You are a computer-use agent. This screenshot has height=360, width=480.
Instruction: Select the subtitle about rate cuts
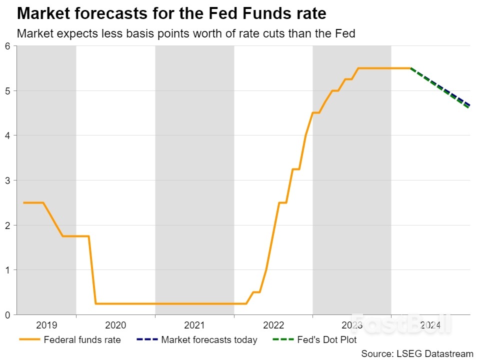[186, 34]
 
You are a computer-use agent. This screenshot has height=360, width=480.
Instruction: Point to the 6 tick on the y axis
[7, 46]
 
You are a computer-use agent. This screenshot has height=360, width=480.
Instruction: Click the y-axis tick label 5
[7, 91]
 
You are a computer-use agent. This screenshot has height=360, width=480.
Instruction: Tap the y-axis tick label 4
[7, 135]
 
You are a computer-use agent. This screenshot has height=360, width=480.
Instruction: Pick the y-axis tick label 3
[7, 180]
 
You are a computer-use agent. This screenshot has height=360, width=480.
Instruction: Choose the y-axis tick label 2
[7, 225]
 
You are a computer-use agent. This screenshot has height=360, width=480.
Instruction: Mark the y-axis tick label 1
[7, 270]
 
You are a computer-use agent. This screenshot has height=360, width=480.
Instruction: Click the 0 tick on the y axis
[7, 314]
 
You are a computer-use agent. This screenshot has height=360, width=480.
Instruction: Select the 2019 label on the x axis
[46, 325]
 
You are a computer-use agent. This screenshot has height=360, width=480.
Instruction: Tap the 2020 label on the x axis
[115, 325]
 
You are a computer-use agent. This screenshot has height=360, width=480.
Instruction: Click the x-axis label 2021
[194, 325]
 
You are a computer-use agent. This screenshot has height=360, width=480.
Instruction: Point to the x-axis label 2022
[273, 325]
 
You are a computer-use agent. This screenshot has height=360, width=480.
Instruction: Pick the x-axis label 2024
[430, 325]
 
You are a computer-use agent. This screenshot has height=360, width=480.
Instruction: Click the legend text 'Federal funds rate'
[82, 340]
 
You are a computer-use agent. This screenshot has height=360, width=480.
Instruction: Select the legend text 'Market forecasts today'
[209, 340]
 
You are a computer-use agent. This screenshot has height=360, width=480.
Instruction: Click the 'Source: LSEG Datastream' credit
[417, 353]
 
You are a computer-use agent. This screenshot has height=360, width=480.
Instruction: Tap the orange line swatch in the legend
[29, 340]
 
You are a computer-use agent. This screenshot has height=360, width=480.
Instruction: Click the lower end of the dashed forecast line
[469, 105]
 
